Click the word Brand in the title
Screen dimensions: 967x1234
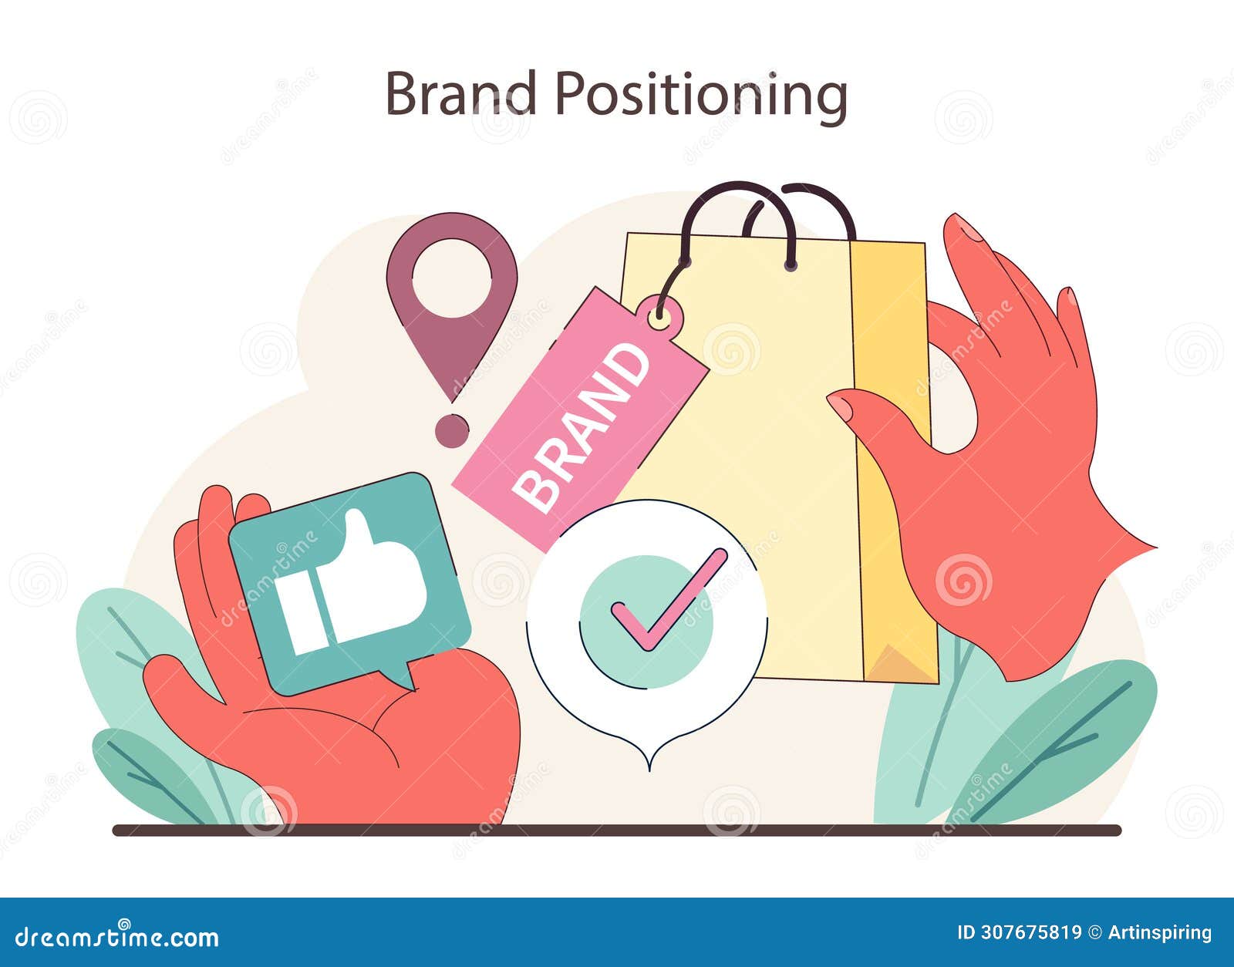point(460,94)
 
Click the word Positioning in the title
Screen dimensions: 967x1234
point(701,96)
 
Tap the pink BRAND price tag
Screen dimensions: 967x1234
point(580,421)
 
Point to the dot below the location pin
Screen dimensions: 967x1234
point(451,430)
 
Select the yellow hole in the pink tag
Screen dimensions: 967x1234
point(659,315)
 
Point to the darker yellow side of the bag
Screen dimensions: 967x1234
point(895,463)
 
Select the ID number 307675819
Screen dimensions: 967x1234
point(1019,932)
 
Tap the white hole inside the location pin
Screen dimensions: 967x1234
point(452,278)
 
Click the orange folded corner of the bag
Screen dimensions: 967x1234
point(899,663)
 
